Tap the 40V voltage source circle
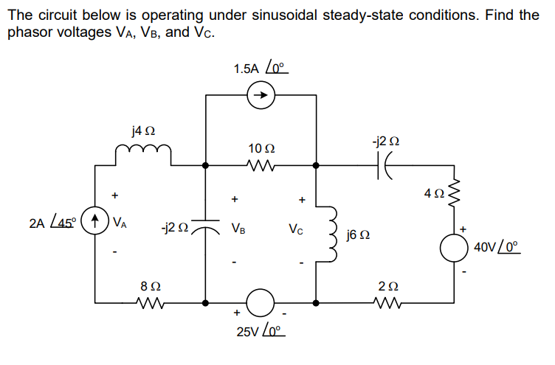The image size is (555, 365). pyautogui.click(x=452, y=248)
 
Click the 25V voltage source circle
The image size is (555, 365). pyautogui.click(x=261, y=302)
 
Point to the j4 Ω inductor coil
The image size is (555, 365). pyautogui.click(x=144, y=153)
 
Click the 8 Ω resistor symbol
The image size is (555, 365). pyautogui.click(x=150, y=302)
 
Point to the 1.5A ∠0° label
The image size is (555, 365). pyautogui.click(x=259, y=69)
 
